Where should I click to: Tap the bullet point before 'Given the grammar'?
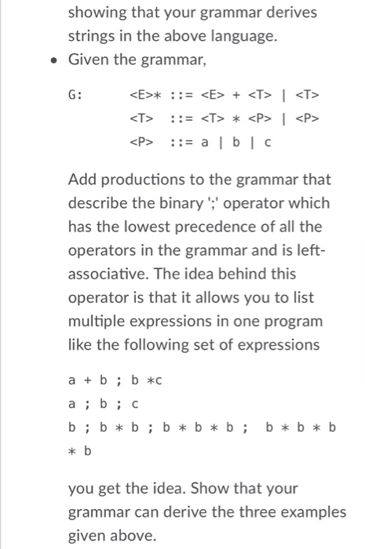(x=52, y=60)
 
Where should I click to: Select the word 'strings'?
(x=93, y=35)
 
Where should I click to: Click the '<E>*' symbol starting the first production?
(x=144, y=97)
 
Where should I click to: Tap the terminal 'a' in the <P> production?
(x=207, y=143)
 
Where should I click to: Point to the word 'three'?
(x=243, y=511)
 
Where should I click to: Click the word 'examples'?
(x=305, y=511)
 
